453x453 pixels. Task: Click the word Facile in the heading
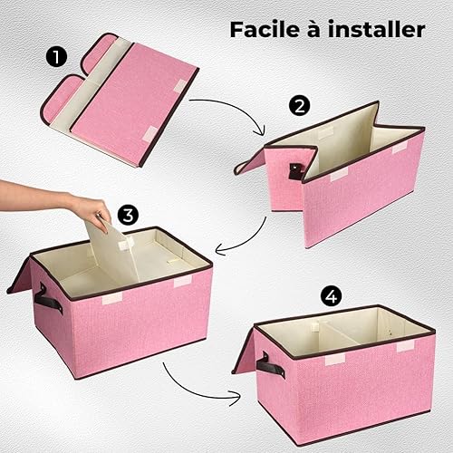click(x=265, y=29)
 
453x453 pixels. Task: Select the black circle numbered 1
click(x=56, y=58)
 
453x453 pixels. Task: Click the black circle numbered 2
click(x=299, y=106)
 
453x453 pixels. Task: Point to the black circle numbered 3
click(x=128, y=215)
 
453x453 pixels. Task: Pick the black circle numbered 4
click(x=332, y=297)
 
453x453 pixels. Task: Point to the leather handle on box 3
click(x=48, y=300)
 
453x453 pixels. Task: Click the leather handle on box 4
click(x=270, y=366)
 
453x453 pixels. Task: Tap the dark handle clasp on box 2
click(x=294, y=171)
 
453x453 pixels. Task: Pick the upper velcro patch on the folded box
click(x=181, y=85)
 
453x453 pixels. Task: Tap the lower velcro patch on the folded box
click(x=151, y=133)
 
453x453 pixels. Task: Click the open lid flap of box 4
click(x=244, y=352)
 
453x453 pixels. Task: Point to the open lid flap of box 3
click(x=21, y=275)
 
